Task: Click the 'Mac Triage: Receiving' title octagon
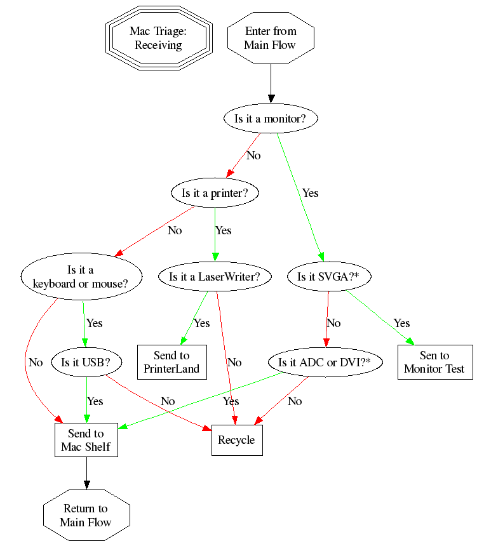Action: coord(158,38)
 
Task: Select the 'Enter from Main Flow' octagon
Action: coord(271,38)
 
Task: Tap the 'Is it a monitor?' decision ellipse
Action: coord(271,119)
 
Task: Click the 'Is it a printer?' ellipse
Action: coord(215,194)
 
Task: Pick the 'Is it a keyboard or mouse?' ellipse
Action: coord(80,277)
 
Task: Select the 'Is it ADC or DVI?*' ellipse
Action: coord(325,363)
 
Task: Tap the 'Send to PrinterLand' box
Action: coord(171,363)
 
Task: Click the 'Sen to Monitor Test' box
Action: coord(435,363)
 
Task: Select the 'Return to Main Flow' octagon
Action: coord(86,516)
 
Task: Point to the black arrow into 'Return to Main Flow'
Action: coord(86,473)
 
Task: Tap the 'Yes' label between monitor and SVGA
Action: coord(310,192)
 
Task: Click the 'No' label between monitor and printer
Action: coord(253,156)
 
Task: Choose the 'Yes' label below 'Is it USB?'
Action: coord(95,401)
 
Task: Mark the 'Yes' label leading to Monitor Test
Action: coord(401,323)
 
